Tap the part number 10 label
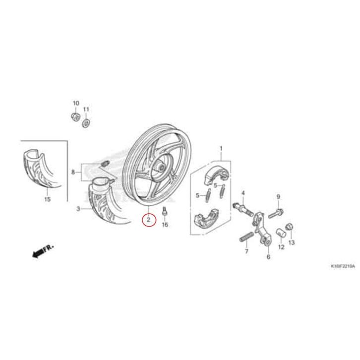(x=76, y=103)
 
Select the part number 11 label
(x=86, y=109)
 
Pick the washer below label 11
(x=86, y=121)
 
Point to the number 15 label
(x=47, y=199)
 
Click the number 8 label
(x=73, y=173)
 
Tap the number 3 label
(x=78, y=209)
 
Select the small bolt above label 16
(x=165, y=213)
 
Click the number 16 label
(x=165, y=225)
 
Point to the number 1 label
(x=221, y=148)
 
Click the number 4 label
(x=243, y=192)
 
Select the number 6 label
(x=268, y=257)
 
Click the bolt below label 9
(x=276, y=214)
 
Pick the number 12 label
(x=281, y=246)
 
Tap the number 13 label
(x=292, y=242)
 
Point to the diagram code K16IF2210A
(x=342, y=266)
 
